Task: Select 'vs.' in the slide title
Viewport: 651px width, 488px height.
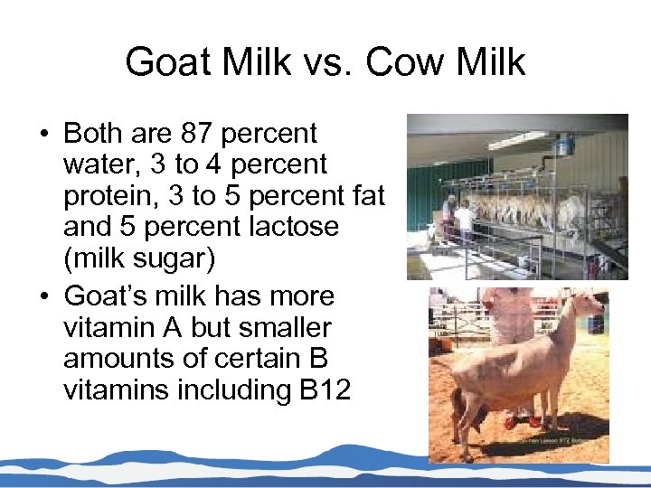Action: point(321,62)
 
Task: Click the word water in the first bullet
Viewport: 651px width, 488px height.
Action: point(97,165)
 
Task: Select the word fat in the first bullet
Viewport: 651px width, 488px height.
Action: point(367,196)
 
